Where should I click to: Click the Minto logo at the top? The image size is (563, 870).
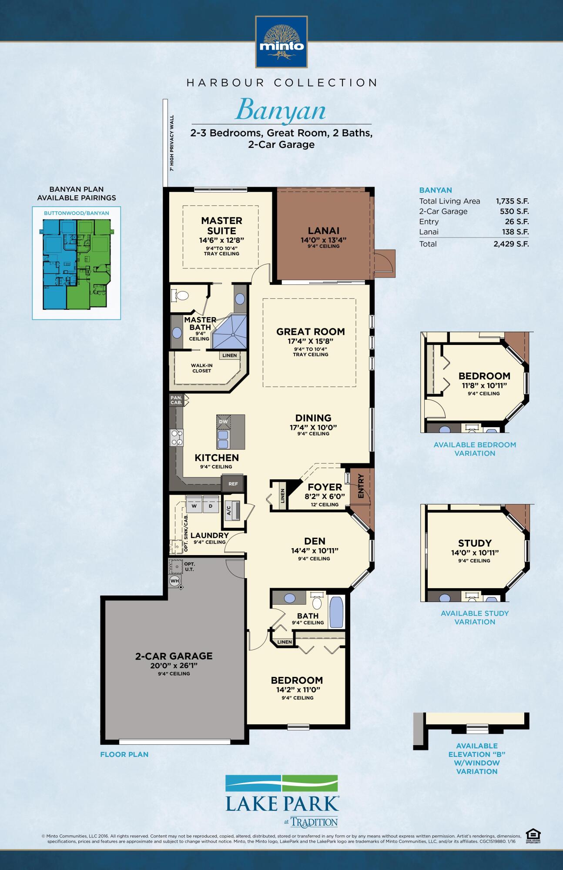[281, 42]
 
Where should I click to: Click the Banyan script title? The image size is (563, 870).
[281, 110]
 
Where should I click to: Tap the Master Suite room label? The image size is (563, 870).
[221, 226]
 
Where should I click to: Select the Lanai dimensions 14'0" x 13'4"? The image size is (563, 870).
[324, 240]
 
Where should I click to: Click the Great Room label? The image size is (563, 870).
[311, 332]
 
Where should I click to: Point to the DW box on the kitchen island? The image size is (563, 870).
[223, 422]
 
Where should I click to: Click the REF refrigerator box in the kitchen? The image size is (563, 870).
[233, 484]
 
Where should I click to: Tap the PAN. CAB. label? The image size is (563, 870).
[176, 400]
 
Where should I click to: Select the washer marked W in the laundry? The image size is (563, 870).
[194, 506]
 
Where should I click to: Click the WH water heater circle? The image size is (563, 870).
[174, 581]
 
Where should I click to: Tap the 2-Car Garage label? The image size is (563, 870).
[174, 656]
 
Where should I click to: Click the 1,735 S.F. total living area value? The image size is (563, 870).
[512, 201]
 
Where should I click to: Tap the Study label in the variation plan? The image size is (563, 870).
[475, 543]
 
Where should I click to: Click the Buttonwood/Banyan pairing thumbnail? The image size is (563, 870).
[76, 264]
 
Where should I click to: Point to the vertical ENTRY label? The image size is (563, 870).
[361, 486]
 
